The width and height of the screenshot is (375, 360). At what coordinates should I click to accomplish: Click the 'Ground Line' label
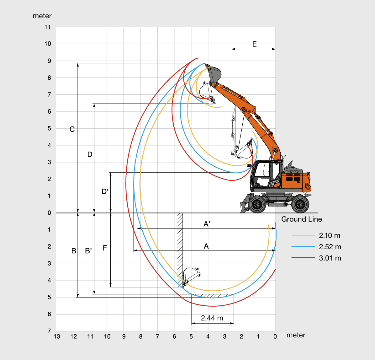pos(302,219)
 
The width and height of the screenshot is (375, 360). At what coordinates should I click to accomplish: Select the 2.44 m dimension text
pos(212,318)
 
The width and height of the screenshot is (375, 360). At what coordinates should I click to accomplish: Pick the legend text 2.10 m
pos(330,235)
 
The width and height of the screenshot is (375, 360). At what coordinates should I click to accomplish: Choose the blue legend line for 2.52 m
pos(303,247)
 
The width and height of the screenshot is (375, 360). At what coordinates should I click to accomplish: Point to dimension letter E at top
pos(255,44)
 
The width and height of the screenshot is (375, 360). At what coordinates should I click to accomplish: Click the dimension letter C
pos(72,129)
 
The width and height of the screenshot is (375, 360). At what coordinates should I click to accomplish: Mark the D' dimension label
pos(105,191)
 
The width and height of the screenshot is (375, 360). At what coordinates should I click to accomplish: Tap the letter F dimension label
pos(105,248)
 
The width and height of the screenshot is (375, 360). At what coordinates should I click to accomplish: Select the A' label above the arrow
pos(207,224)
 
